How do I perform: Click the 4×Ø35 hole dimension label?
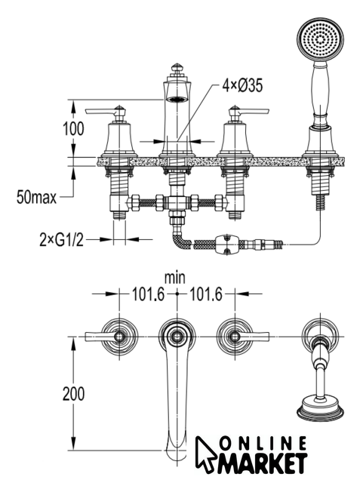click(x=243, y=85)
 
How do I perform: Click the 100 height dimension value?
click(x=73, y=128)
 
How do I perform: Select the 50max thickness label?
click(x=37, y=197)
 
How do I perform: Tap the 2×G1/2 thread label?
click(x=62, y=239)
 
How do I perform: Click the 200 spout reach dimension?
click(x=73, y=394)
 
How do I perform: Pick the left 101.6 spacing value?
click(x=149, y=294)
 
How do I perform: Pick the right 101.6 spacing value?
click(x=205, y=294)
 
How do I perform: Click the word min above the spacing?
click(x=175, y=278)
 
